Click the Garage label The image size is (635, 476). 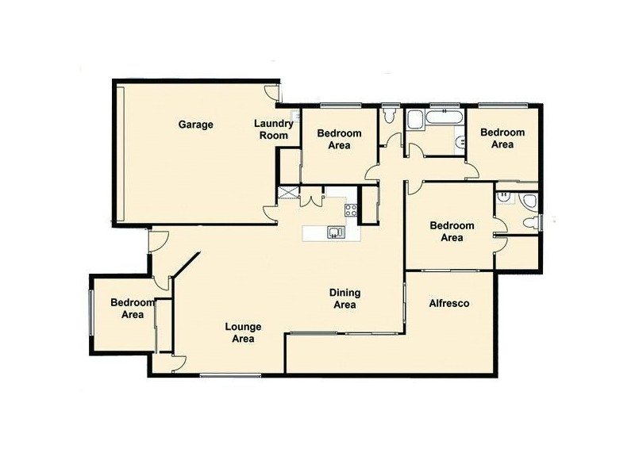195,125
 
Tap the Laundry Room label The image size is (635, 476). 274,129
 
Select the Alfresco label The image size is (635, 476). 449,304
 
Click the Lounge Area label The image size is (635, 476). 242,333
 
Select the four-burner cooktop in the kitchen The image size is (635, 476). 351,210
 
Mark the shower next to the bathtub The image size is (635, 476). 415,121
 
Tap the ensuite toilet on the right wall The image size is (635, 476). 530,203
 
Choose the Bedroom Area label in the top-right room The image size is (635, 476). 502,139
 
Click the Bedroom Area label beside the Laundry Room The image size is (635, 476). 339,140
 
